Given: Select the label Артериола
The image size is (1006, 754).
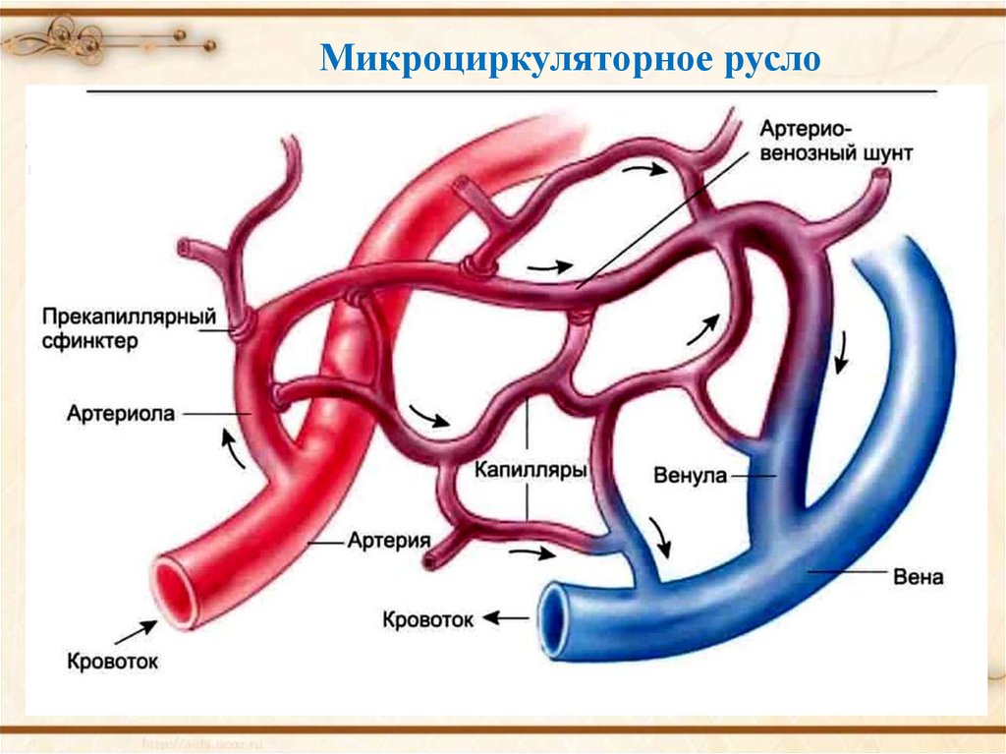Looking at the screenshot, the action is click(x=121, y=414).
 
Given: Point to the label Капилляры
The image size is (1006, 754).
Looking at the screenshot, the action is click(x=531, y=471).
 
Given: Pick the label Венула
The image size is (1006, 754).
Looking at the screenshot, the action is click(x=689, y=476).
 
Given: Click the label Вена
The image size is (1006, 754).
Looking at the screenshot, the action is click(x=919, y=577).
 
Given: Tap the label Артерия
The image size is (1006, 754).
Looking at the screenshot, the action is click(x=390, y=541).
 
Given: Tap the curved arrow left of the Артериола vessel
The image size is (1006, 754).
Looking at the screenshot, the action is click(x=232, y=449).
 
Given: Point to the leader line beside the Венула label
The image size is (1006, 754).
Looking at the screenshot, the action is click(x=753, y=476).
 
